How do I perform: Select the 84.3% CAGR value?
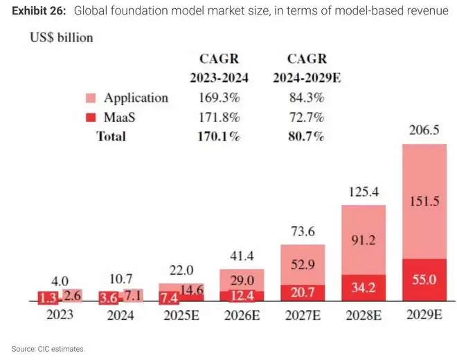click(306, 98)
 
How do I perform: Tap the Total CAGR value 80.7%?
click(306, 136)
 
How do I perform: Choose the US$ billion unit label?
click(60, 37)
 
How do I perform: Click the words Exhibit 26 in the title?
click(39, 11)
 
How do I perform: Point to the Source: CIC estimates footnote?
click(48, 348)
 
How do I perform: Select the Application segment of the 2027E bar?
click(303, 264)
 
